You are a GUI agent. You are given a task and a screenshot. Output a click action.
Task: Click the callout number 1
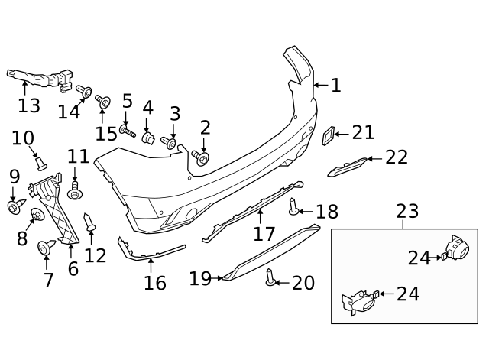click(335, 85)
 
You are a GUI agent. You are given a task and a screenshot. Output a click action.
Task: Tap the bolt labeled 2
click(202, 157)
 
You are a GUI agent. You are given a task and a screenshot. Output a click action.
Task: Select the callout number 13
click(29, 105)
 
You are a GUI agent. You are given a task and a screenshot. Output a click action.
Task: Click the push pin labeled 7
click(47, 247)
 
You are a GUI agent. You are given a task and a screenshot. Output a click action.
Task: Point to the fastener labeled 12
click(90, 223)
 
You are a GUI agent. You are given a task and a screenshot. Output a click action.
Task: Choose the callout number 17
click(264, 232)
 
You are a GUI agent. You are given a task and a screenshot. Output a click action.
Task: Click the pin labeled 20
click(270, 278)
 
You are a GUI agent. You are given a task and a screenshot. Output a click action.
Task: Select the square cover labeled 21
click(326, 136)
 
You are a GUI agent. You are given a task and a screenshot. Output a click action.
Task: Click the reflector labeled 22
click(347, 166)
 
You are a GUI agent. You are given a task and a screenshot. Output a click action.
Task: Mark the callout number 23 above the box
click(408, 212)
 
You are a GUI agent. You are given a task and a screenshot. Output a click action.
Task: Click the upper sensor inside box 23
click(457, 251)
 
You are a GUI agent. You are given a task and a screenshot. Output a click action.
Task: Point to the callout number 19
click(200, 279)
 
